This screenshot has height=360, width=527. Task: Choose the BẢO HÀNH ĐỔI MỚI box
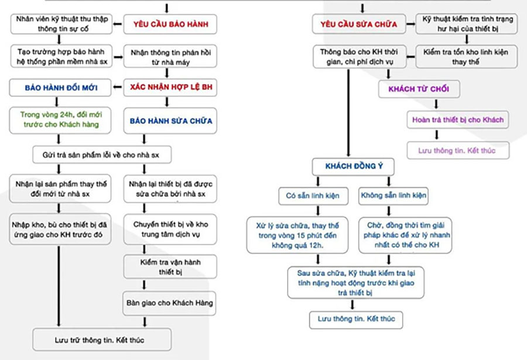(60, 88)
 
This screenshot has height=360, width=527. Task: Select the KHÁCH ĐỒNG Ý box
(351, 166)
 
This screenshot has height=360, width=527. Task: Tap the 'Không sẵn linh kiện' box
(393, 195)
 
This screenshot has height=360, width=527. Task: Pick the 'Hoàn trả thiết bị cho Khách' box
(458, 120)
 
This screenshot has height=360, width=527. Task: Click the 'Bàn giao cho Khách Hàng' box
(169, 303)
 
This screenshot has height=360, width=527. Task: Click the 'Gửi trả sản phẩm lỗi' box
(104, 155)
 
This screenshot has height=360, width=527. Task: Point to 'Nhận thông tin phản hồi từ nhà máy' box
(167, 57)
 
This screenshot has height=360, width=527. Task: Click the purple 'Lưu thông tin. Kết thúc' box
(457, 150)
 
